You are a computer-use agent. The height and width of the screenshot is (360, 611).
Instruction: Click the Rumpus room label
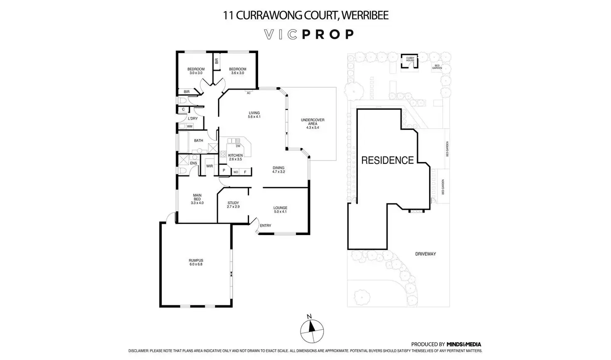[x=196, y=262]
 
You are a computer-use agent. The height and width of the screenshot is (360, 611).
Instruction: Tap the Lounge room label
[x=280, y=210]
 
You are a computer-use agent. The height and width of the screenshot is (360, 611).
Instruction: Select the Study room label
[x=233, y=205]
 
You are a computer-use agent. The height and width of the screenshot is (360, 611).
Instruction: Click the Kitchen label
[x=235, y=157]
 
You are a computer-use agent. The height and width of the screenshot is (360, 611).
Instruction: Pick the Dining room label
[x=279, y=169]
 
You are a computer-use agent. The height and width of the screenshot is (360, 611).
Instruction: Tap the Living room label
[x=254, y=115]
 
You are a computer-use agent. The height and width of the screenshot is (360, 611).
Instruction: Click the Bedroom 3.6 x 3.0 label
[x=237, y=71]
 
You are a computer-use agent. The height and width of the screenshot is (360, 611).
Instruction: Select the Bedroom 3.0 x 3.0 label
[x=196, y=71]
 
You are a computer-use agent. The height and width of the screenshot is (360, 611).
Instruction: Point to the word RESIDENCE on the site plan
[x=387, y=160]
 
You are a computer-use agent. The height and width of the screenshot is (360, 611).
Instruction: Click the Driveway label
[x=425, y=254]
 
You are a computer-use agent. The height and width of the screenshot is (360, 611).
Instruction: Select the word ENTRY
[x=265, y=225]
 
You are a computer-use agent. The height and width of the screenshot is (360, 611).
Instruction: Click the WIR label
[x=209, y=166]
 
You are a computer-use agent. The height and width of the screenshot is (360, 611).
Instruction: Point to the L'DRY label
[x=193, y=119]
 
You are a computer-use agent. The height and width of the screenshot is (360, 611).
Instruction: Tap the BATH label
[x=198, y=141]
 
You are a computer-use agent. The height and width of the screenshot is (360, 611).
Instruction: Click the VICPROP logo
[x=309, y=34]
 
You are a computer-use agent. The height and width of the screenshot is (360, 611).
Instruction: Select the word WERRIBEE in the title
[x=366, y=16]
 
